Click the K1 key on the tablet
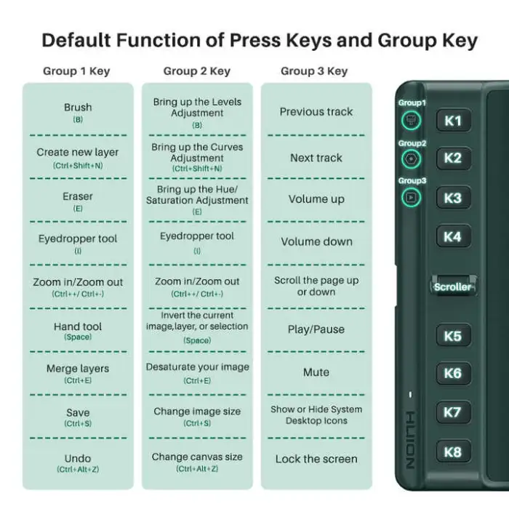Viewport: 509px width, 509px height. coord(453,121)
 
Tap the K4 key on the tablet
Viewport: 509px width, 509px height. coord(453,236)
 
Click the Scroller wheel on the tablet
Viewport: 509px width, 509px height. coord(453,286)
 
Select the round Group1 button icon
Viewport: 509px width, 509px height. coord(411,121)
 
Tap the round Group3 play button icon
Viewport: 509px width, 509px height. coord(411,197)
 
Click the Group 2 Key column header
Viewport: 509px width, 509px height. coord(197,71)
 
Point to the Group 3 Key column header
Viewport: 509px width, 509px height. coord(314,71)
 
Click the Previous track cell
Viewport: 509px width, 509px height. coord(316,112)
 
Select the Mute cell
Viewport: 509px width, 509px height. coord(316,372)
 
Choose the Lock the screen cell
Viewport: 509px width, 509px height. coord(316,459)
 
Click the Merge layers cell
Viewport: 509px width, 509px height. coord(78,373)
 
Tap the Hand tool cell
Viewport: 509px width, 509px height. coord(78,331)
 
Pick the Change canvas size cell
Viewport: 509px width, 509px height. coord(197,462)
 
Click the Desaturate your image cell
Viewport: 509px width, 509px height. coord(197,373)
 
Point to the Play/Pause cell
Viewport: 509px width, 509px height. coord(316,329)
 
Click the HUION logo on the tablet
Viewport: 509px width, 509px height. coord(410,440)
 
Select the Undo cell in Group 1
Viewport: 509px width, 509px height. coord(78,463)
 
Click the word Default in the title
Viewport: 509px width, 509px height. coord(76,40)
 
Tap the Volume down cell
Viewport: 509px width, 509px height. coord(316,242)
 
